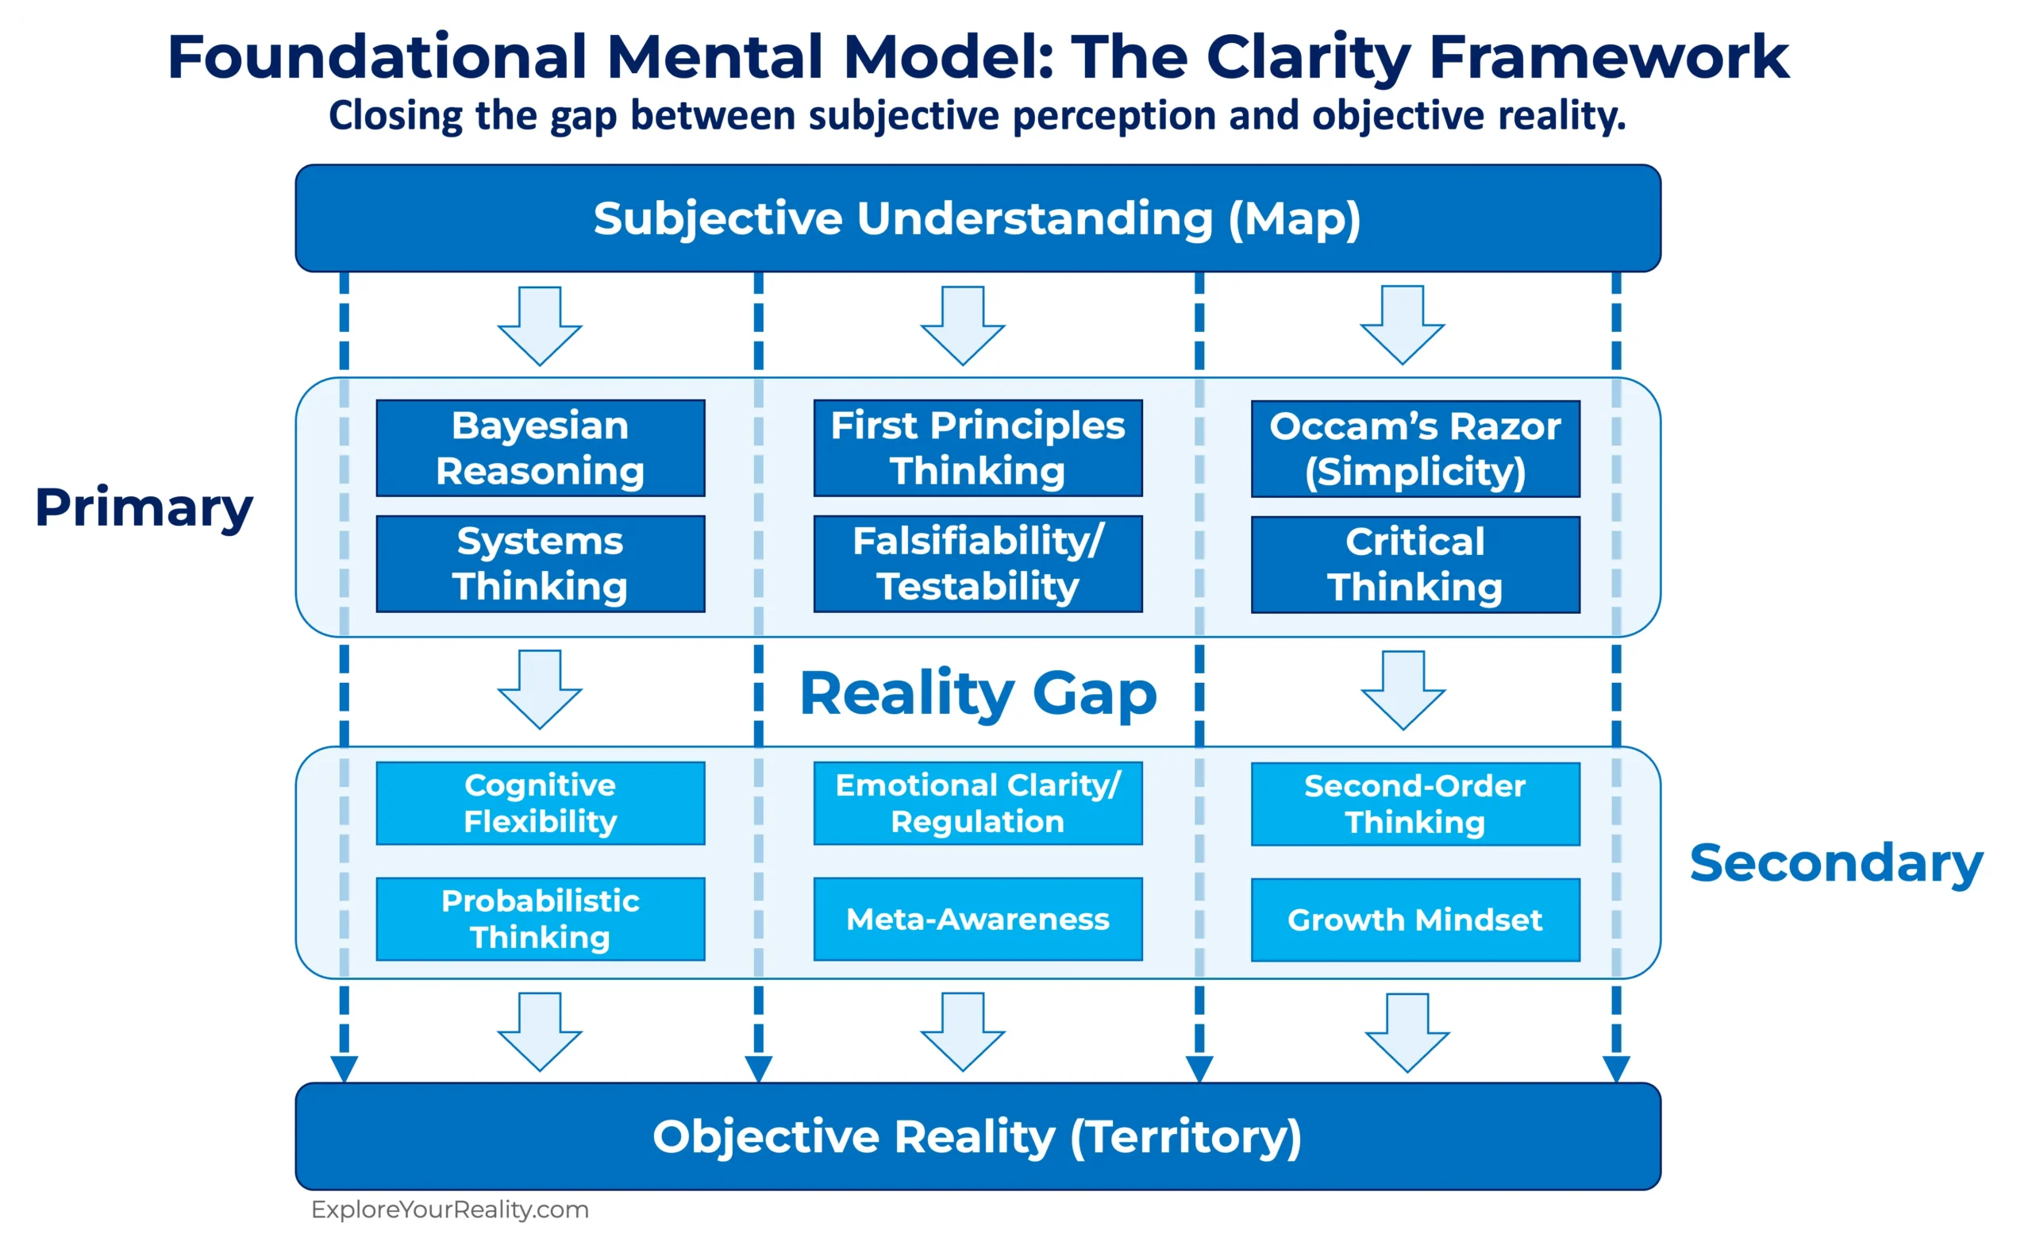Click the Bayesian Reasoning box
[541, 448]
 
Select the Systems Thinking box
[541, 563]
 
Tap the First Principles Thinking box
[977, 448]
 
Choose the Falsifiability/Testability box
[977, 563]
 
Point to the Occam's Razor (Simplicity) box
[1415, 449]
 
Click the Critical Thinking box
[1415, 564]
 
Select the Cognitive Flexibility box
[541, 803]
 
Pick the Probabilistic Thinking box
[541, 918]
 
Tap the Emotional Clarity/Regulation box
[977, 803]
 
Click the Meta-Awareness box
[977, 918]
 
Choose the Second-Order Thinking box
[1415, 804]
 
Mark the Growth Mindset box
[1415, 919]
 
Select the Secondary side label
[1836, 862]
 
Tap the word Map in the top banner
[1295, 218]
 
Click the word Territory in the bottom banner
[1186, 1136]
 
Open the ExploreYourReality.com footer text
[449, 1209]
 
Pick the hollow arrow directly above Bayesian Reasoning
[541, 326]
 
